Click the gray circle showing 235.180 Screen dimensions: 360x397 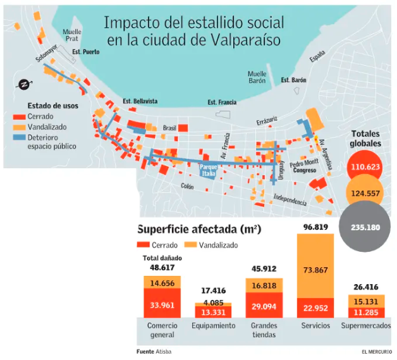(x=366, y=227)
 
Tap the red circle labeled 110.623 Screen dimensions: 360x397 (x=365, y=167)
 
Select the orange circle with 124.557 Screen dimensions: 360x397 (x=365, y=194)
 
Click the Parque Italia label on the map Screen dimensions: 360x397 (x=209, y=170)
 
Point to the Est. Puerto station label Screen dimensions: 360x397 (x=85, y=52)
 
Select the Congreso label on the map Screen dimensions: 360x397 (x=305, y=170)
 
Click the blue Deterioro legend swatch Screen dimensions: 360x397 (x=18, y=137)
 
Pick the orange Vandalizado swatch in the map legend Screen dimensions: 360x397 (x=18, y=127)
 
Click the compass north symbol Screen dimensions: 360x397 (x=22, y=84)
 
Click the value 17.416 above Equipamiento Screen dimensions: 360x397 (x=212, y=290)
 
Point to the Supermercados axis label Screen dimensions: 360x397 (x=365, y=326)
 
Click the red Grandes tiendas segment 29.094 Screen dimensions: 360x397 (x=264, y=305)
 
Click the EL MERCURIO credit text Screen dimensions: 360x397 (x=377, y=352)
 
